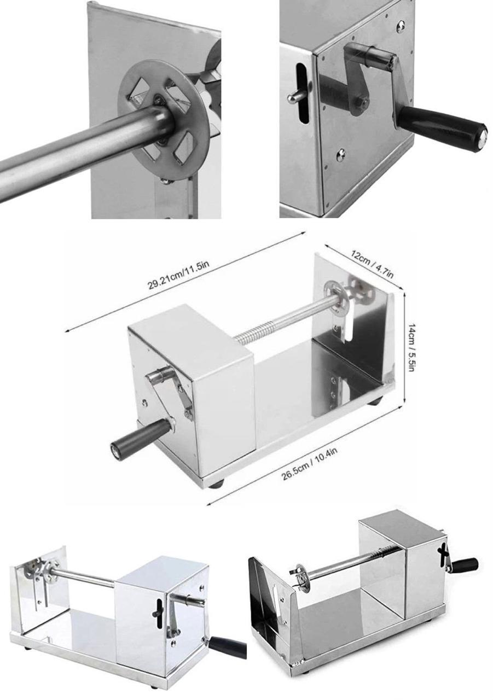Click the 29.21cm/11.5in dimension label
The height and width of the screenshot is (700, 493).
pos(178,276)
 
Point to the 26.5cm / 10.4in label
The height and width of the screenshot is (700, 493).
pos(310,460)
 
